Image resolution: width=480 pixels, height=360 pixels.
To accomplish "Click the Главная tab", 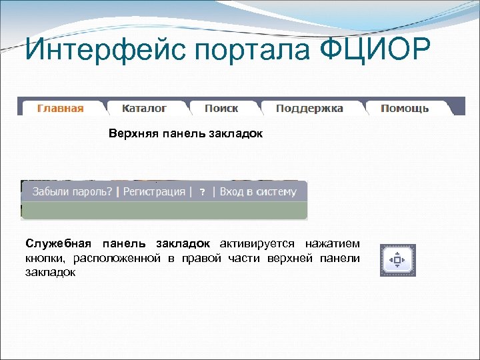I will [x=61, y=109].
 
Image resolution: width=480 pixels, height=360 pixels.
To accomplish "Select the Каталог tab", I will [x=145, y=108].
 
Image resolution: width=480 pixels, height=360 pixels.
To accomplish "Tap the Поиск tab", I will [x=221, y=108].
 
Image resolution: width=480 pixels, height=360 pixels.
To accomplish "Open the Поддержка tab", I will [x=309, y=108].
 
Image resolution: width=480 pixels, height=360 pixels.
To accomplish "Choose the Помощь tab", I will [x=405, y=108].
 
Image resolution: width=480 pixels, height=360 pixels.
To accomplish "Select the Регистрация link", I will [x=154, y=192].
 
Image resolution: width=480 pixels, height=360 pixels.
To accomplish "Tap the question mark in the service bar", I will [x=203, y=193].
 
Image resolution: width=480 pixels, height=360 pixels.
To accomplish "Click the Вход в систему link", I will [x=258, y=192].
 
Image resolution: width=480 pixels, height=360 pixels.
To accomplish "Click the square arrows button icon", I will [x=397, y=259].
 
